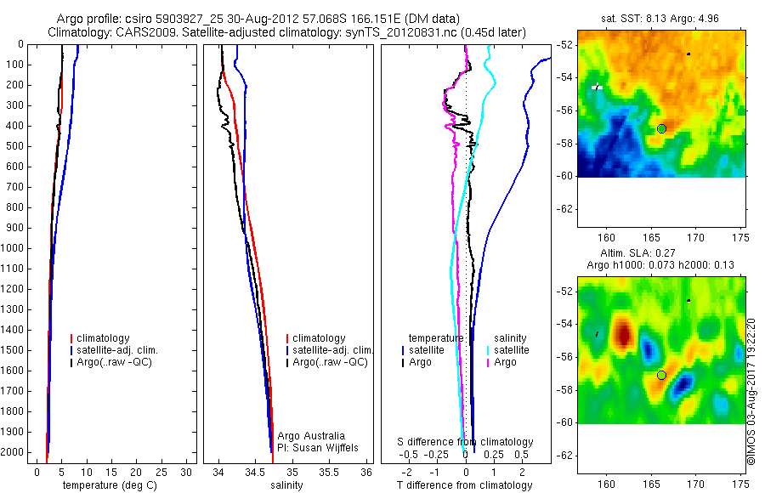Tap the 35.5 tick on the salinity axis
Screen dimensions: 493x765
click(x=329, y=472)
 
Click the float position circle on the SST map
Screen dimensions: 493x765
click(x=661, y=128)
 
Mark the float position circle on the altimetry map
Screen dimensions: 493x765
click(x=661, y=375)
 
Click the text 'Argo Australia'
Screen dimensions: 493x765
click(x=311, y=436)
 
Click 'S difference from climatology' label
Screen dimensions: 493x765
click(x=466, y=442)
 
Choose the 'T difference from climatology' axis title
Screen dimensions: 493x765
click(x=464, y=485)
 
